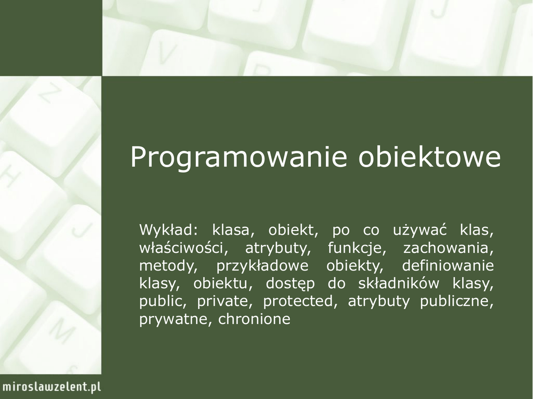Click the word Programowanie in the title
[x=238, y=157]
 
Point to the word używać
[x=420, y=230]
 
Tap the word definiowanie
[x=448, y=266]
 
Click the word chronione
[x=254, y=319]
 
